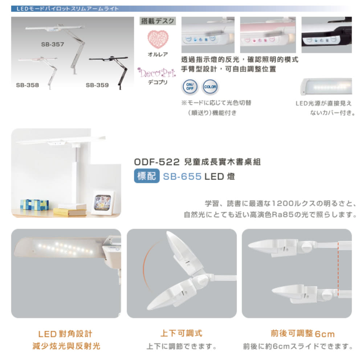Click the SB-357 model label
click(x=52, y=44)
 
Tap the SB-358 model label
click(x=27, y=85)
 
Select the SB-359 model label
click(x=97, y=85)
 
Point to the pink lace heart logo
click(x=158, y=39)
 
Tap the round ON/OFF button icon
click(x=189, y=87)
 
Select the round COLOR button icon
click(x=211, y=87)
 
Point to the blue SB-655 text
click(x=182, y=176)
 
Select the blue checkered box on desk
click(x=34, y=204)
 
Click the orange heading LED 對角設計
click(x=65, y=334)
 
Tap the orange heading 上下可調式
click(x=181, y=333)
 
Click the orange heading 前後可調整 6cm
click(x=297, y=334)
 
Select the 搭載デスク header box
click(x=158, y=21)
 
